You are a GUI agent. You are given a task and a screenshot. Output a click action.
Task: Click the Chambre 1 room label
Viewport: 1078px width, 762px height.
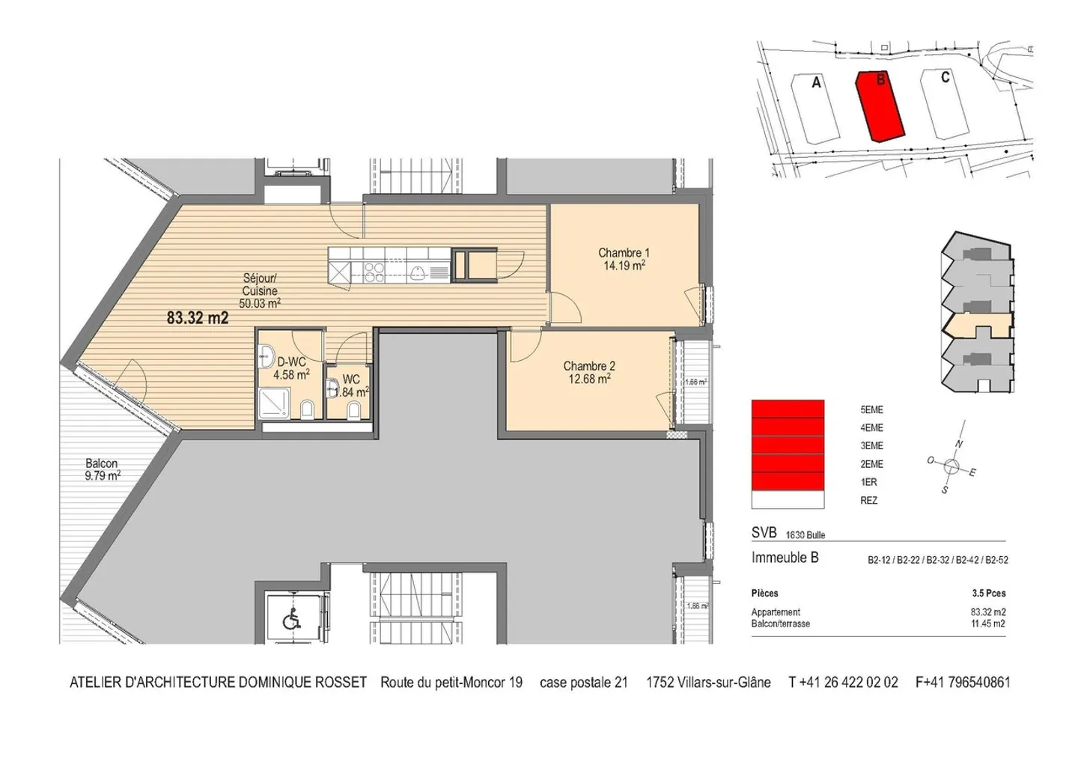(624, 253)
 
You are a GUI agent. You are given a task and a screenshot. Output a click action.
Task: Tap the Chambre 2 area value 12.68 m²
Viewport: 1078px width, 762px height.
(589, 379)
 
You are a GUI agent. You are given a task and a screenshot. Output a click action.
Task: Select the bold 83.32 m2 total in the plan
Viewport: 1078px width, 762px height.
(197, 318)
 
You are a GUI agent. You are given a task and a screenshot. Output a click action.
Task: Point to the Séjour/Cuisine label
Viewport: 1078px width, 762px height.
(260, 284)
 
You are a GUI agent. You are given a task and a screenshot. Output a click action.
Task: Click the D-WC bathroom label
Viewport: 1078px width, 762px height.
(291, 363)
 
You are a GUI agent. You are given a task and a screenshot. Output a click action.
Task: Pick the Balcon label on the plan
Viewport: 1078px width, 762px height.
(101, 464)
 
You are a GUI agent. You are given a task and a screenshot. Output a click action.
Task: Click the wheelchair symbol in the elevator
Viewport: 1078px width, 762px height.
(290, 620)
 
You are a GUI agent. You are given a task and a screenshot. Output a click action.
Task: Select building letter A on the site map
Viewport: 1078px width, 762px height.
(816, 83)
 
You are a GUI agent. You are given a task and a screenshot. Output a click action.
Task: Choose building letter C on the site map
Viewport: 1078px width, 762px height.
(945, 78)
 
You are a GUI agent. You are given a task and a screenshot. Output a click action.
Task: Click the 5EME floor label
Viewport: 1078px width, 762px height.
(871, 410)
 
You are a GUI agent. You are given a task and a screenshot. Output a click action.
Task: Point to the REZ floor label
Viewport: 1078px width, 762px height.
(868, 501)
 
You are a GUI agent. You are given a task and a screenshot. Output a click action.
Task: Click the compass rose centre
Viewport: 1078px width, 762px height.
(951, 467)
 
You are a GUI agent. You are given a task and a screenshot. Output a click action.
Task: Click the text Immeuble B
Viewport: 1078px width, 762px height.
(785, 558)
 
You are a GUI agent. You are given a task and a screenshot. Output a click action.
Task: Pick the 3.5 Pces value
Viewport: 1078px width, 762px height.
(988, 594)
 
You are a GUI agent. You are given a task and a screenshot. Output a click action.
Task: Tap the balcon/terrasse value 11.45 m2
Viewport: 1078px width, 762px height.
(987, 624)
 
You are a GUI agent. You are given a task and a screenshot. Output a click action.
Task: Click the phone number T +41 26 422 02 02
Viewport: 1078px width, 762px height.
(843, 683)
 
